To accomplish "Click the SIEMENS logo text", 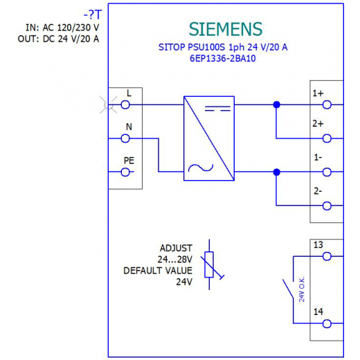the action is click(226, 29).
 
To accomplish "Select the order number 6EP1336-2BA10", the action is click(223, 58).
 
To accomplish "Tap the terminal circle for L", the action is click(125, 105).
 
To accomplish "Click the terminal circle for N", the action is click(125, 138).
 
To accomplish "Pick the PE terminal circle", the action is click(125, 172).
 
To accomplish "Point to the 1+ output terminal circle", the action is click(327, 105).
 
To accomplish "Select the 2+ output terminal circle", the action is click(327, 138).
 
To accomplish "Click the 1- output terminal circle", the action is click(327, 172).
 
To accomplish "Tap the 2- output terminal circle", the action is click(327, 206).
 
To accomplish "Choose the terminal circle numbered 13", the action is click(327, 256).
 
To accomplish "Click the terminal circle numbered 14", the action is click(327, 323).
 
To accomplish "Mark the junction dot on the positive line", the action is click(276, 105).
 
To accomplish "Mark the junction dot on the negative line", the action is click(276, 172).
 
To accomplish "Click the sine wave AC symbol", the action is click(201, 168).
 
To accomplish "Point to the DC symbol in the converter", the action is click(217, 109).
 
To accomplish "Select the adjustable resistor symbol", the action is click(209, 264).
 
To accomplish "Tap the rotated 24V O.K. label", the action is click(302, 289).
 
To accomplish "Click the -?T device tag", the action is click(93, 15).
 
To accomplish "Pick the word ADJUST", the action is click(176, 249).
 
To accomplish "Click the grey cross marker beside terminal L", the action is click(108, 105).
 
